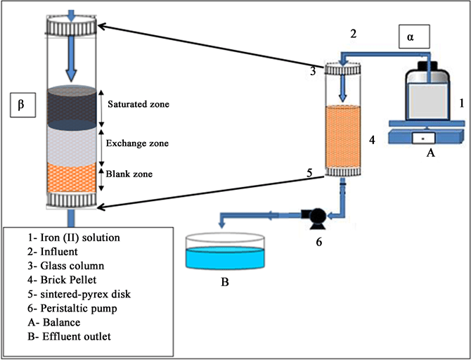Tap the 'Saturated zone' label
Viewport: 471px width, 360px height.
pyautogui.click(x=138, y=104)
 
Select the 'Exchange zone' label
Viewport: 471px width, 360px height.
pyautogui.click(x=137, y=143)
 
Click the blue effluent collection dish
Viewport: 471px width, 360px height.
pyautogui.click(x=224, y=252)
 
